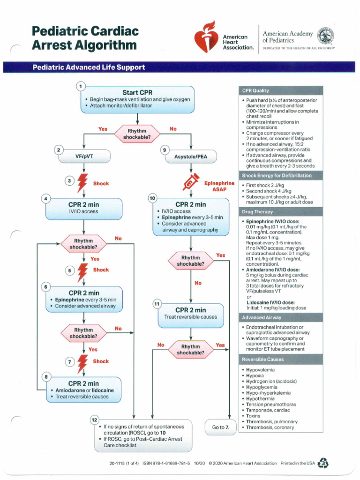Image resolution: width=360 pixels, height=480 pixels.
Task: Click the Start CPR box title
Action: click(137, 92)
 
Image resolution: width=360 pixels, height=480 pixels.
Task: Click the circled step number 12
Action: click(94, 419)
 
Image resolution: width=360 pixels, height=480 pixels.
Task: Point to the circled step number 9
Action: click(164, 150)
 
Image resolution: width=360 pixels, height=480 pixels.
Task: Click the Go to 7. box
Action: click(220, 427)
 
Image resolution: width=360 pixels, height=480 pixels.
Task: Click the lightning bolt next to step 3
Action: click(82, 183)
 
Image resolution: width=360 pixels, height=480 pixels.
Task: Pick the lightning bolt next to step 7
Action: click(82, 361)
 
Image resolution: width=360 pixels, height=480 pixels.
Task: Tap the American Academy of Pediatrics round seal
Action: click(326, 37)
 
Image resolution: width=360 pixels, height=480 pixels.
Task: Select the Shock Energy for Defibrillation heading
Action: click(277, 176)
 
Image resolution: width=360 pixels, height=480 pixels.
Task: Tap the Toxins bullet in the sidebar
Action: click(254, 416)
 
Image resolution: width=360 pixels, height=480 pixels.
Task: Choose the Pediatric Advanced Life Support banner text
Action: click(89, 67)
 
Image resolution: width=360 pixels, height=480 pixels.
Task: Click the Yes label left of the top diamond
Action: click(103, 129)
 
